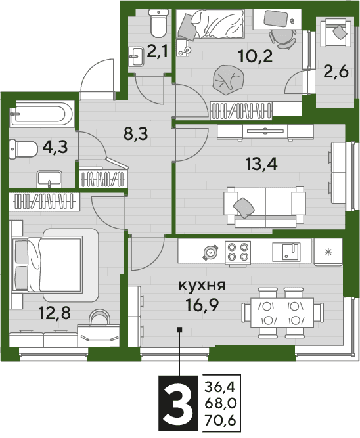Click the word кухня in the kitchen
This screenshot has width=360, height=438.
pos(202,286)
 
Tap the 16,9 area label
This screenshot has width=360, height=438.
pos(202,305)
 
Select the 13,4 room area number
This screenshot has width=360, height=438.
pos(261,164)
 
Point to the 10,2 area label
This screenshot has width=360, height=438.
pos(256,56)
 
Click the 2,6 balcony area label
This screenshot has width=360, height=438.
pos(336,72)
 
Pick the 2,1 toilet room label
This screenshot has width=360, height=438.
pos(157,52)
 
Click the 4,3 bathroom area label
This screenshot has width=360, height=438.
pos(55,146)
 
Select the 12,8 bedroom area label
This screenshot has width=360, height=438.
pos(55,313)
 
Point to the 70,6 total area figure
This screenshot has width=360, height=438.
pos(220,420)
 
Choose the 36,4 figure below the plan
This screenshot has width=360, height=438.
pos(220,387)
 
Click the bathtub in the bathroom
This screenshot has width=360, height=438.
pos(41,114)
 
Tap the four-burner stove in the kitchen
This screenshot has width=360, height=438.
pos(238,252)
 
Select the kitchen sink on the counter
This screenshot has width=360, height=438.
pos(286,252)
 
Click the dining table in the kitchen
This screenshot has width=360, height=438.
pos(282,313)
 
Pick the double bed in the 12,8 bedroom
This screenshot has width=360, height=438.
pos(55,265)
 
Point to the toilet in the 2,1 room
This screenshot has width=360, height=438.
pos(158,23)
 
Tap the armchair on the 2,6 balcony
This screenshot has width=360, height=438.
pos(335,33)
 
